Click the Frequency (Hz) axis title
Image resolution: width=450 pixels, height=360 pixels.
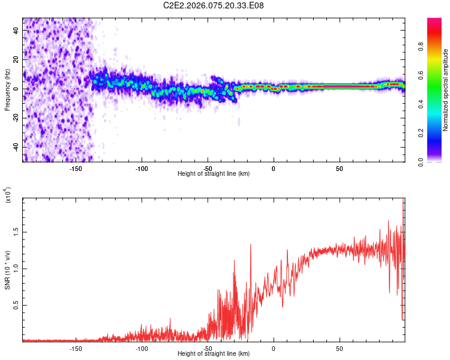[x=8, y=89]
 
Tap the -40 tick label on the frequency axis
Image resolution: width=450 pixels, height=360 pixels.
[x=16, y=147]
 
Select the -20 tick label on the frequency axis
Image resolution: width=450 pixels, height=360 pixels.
[x=16, y=118]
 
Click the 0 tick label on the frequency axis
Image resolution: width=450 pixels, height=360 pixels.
[x=16, y=89]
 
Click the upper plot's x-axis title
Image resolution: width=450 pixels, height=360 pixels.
[x=214, y=173]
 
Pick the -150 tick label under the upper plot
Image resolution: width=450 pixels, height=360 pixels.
[x=76, y=169]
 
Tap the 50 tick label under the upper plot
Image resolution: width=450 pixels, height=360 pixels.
[x=339, y=169]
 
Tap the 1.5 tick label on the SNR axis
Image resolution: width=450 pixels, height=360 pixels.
[x=16, y=231]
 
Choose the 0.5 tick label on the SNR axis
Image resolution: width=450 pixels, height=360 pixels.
[x=16, y=305]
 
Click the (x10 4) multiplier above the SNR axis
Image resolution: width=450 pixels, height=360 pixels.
[x=8, y=195]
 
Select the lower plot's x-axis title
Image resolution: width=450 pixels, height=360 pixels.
[x=214, y=353]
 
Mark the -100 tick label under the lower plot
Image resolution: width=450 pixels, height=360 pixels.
[x=142, y=349]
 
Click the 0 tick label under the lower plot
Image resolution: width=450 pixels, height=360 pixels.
[x=274, y=349]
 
